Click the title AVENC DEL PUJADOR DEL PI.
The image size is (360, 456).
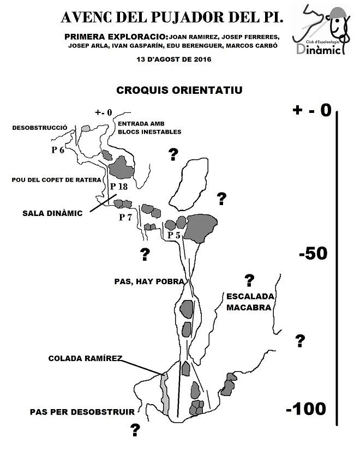(x=172, y=17)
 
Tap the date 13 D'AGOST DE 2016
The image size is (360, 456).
(x=174, y=59)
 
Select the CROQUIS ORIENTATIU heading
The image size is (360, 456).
(x=179, y=90)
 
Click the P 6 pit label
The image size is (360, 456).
(x=58, y=150)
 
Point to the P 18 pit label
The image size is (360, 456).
(x=119, y=187)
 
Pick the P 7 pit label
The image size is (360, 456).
(x=125, y=217)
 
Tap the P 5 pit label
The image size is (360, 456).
(x=174, y=235)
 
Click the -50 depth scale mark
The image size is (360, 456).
(x=313, y=253)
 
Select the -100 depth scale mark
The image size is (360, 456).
(x=306, y=409)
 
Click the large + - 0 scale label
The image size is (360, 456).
(x=312, y=110)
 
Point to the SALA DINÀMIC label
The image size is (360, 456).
(x=52, y=213)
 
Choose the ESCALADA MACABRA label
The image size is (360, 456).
(x=250, y=302)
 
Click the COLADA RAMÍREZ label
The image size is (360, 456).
(x=85, y=358)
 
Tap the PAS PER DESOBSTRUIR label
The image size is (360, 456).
(x=82, y=412)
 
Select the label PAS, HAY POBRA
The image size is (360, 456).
(x=149, y=281)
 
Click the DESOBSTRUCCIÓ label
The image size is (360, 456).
(x=40, y=128)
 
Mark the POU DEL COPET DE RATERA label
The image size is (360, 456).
(x=56, y=179)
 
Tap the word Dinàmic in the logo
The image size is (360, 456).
(x=319, y=50)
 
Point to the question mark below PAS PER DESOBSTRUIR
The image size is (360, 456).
(x=135, y=430)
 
